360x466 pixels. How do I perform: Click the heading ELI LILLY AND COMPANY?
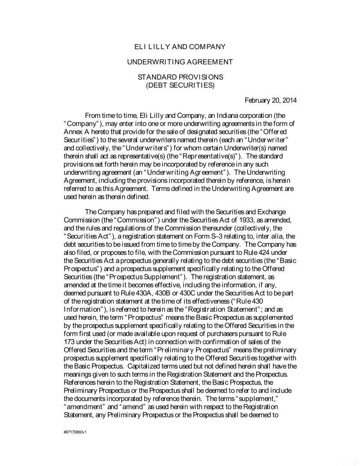pyautogui.click(x=180, y=46)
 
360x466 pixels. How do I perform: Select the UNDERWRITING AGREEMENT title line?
pyautogui.click(x=180, y=62)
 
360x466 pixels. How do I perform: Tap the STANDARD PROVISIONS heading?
pyautogui.click(x=180, y=77)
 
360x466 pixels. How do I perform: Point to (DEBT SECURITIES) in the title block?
pyautogui.click(x=180, y=85)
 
